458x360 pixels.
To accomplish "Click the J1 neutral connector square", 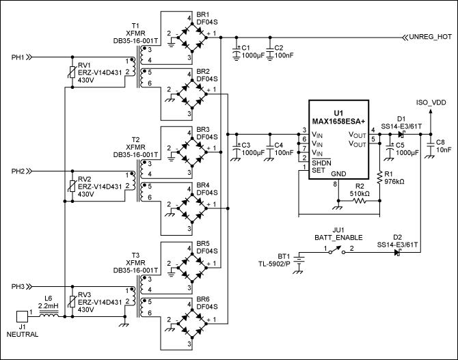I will click(x=21, y=316).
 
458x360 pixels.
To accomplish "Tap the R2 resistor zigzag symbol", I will click(x=361, y=200).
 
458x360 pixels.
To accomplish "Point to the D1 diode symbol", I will click(x=401, y=134).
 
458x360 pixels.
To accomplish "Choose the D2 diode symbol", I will click(x=396, y=251).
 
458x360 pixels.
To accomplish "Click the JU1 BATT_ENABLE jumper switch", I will click(x=332, y=251).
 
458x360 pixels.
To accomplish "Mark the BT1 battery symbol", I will click(x=298, y=258).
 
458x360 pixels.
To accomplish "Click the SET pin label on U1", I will click(x=318, y=170).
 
